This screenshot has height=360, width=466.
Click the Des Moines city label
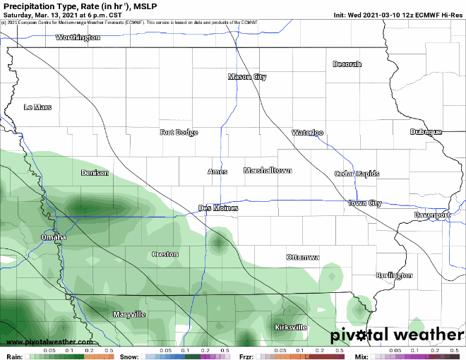pyautogui.click(x=218, y=208)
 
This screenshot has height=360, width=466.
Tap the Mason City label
pyautogui.click(x=247, y=77)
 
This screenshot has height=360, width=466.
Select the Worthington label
pyautogui.click(x=78, y=37)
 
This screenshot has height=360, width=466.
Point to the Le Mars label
pyautogui.click(x=37, y=107)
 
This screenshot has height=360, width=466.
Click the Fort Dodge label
pyautogui.click(x=179, y=132)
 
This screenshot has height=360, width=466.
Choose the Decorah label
pyautogui.click(x=347, y=64)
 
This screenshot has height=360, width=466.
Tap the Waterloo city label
pyautogui.click(x=308, y=133)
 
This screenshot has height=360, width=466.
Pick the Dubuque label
pyautogui.click(x=426, y=132)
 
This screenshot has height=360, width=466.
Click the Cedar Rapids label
pyautogui.click(x=357, y=174)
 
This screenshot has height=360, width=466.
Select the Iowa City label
pyautogui.click(x=365, y=203)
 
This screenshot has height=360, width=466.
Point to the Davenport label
pyautogui.click(x=432, y=215)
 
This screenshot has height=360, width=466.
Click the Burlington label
pyautogui.click(x=395, y=275)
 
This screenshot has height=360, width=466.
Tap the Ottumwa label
pyautogui.click(x=303, y=258)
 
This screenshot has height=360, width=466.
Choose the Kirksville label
pyautogui.click(x=290, y=328)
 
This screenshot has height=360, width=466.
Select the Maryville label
pyautogui.click(x=129, y=313)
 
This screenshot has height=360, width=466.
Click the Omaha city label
pyautogui.click(x=54, y=237)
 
